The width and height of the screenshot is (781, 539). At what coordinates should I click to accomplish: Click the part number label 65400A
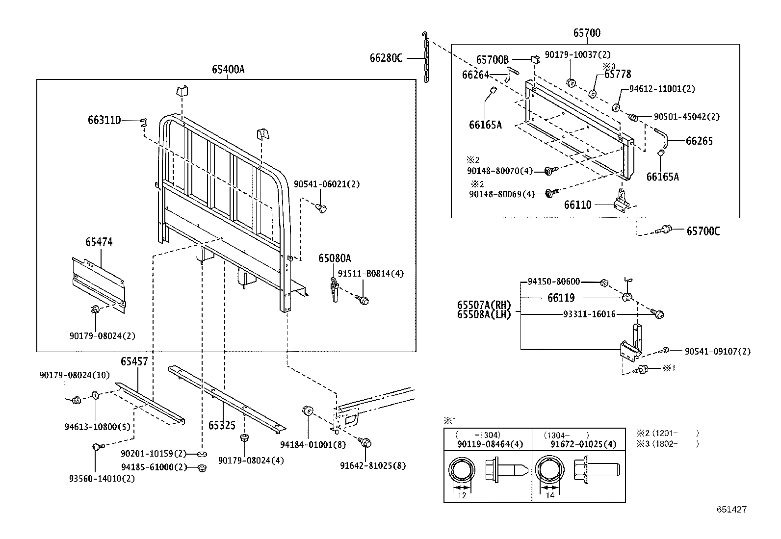(228, 70)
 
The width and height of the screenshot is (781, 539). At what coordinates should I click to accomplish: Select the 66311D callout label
(104, 120)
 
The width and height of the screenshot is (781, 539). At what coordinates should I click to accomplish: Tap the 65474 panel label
(99, 242)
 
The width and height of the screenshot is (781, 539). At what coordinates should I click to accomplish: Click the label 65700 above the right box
(587, 33)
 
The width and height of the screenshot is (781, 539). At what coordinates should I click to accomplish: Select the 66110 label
(578, 205)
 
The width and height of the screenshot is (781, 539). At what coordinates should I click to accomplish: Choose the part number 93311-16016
(589, 314)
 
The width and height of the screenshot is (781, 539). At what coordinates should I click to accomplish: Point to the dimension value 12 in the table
(462, 495)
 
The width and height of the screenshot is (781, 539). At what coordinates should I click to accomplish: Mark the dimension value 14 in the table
(550, 495)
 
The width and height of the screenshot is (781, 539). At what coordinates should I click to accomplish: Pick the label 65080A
(335, 258)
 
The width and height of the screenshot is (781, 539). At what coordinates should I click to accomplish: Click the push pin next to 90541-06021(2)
(322, 209)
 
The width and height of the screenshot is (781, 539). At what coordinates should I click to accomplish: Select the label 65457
(134, 362)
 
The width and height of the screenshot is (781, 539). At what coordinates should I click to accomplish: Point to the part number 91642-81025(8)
(373, 465)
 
